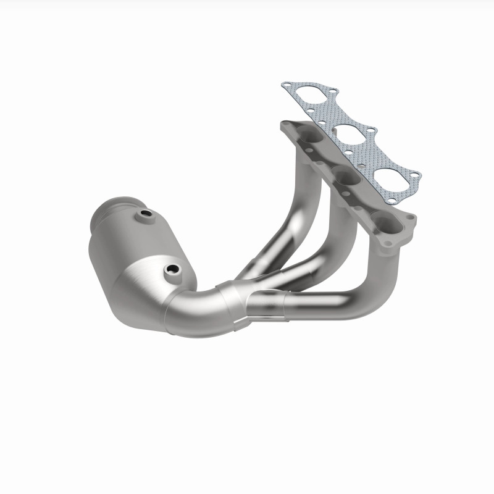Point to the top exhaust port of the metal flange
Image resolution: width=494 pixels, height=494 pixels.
click(x=309, y=143)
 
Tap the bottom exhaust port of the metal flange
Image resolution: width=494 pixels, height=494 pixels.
click(x=384, y=219)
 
